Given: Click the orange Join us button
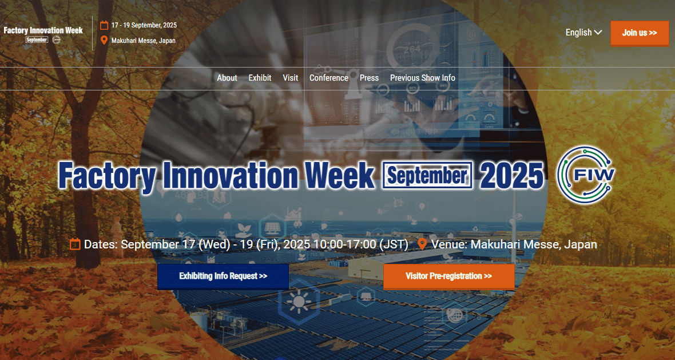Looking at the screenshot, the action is click(640, 33).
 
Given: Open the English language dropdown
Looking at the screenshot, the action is click(583, 32).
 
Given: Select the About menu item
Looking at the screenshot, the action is click(227, 78).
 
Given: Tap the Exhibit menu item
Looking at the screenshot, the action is click(260, 78).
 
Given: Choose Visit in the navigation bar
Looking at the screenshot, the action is click(290, 78).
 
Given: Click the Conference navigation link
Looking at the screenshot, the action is click(329, 78).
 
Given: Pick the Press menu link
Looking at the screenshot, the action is click(370, 78).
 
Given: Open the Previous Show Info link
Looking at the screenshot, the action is click(422, 78).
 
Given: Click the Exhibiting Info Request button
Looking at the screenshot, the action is click(223, 276).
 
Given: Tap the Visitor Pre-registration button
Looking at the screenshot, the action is click(448, 276).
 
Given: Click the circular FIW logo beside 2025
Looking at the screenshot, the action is click(585, 175).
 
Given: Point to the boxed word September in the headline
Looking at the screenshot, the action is click(427, 175).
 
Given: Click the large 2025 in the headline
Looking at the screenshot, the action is click(511, 175).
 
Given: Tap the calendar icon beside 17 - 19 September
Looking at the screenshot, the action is click(104, 25).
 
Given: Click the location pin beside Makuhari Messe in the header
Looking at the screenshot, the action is click(104, 41).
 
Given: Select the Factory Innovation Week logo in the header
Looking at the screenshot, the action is click(43, 34).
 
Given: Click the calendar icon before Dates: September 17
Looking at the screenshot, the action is click(75, 244).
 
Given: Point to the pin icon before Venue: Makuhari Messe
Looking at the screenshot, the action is click(422, 244).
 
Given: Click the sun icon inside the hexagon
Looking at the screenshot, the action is click(299, 300).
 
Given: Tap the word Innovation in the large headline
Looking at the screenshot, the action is click(230, 175).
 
